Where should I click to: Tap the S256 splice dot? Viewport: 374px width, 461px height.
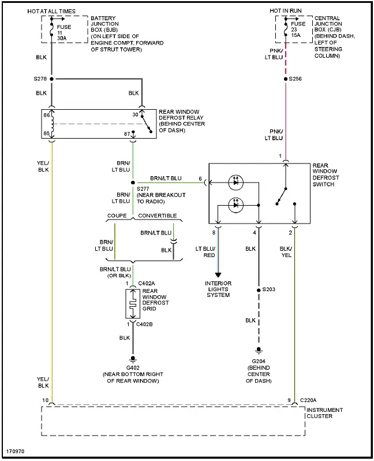pos(285,79)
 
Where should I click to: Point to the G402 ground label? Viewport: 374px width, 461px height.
pos(133,368)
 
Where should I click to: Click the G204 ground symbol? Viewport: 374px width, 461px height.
pos(258,350)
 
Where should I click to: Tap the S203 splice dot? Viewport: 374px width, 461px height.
pos(258,289)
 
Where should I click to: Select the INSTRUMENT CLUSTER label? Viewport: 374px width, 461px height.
pos(325,414)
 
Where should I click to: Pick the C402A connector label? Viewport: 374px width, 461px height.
pos(146,284)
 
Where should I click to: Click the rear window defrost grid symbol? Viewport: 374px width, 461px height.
pos(133,304)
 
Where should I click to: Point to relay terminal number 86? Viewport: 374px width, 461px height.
pos(46,116)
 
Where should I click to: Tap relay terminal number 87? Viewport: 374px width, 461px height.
pos(126,134)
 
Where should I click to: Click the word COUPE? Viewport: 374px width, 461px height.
pos(117,215)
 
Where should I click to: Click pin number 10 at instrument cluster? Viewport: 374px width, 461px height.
pos(46,400)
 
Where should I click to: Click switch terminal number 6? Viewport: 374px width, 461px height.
pos(200,179)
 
